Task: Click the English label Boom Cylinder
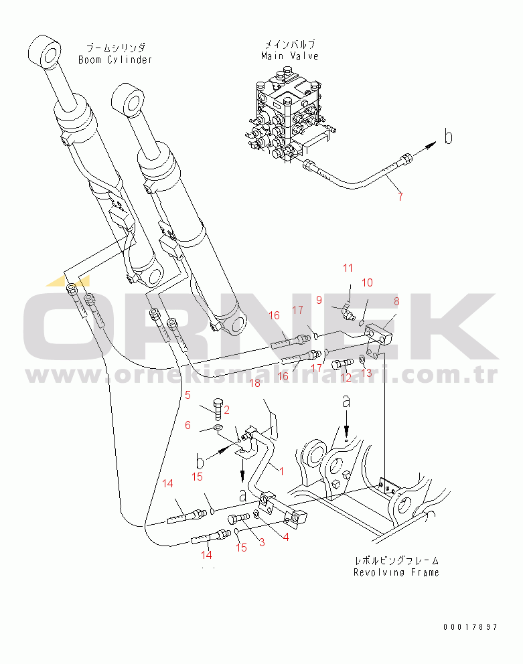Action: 115,60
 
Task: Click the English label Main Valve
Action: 290,56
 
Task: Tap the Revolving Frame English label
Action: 397,572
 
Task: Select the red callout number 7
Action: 400,196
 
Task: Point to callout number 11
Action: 348,268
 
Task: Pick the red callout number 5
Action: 188,394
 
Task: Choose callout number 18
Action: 254,383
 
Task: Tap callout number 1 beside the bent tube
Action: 282,471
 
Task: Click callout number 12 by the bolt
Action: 346,378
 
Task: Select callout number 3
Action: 262,543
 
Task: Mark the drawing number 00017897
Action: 470,627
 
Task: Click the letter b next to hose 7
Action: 449,137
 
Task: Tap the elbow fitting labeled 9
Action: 345,310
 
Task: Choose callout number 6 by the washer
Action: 188,425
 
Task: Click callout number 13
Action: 366,372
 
